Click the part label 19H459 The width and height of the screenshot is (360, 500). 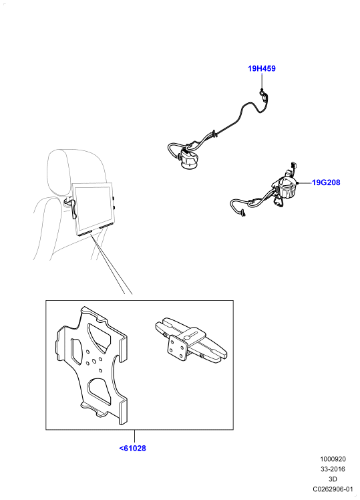point(262,68)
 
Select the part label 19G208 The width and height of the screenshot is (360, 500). point(326,182)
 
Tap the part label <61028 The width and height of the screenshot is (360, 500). point(132,448)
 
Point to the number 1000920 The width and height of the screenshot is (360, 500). point(333,459)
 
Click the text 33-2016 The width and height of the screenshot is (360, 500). point(333,469)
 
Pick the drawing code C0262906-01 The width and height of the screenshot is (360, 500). point(333,489)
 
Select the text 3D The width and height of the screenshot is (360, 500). point(333,479)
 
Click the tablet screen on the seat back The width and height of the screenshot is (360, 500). point(94,208)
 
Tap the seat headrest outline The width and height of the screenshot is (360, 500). point(75,169)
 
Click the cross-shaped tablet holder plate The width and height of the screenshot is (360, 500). point(92,367)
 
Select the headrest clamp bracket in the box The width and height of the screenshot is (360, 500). point(191,340)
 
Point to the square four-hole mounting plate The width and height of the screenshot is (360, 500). point(178,348)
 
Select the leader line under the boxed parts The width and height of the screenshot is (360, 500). point(134,436)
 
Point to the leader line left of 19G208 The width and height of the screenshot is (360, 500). point(305,182)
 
